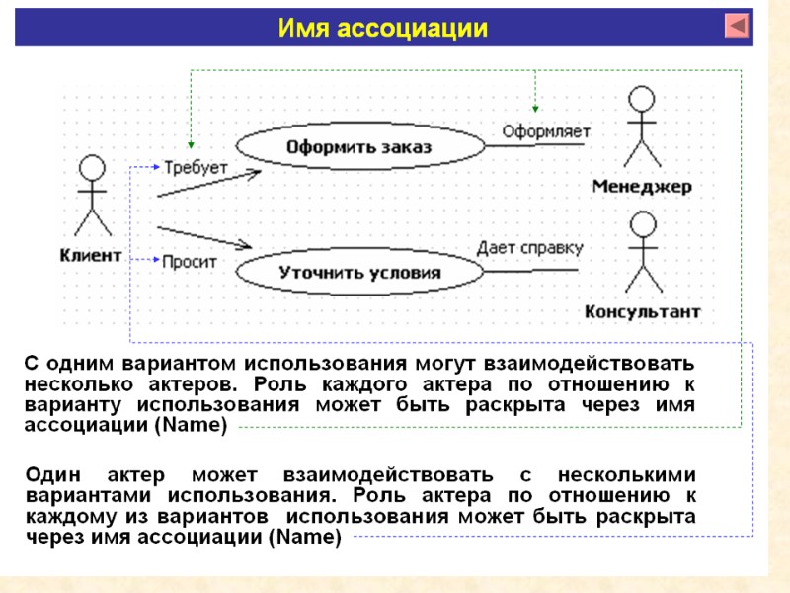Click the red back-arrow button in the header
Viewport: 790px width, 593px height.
tap(737, 26)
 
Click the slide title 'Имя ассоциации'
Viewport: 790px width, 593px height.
tap(383, 28)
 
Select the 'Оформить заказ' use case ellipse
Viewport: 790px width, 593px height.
tap(359, 147)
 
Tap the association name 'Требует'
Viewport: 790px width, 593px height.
tap(196, 167)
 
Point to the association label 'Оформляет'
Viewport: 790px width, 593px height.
tap(546, 130)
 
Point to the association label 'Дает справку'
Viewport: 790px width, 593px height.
tap(530, 247)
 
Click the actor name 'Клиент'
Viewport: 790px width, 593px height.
tap(91, 254)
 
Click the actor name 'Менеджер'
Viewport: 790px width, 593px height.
tap(642, 186)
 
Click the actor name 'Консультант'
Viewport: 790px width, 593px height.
tap(643, 312)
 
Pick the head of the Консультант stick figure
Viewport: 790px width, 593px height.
tap(643, 225)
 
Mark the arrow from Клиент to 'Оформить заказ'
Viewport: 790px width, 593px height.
tap(208, 184)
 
